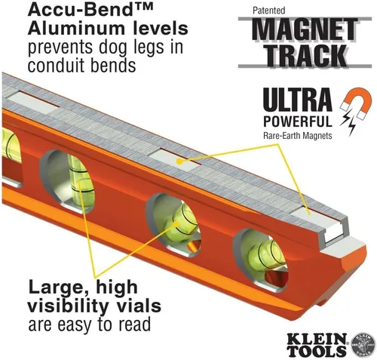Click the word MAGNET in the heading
(305, 30)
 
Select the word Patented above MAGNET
(269, 11)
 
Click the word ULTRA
(297, 100)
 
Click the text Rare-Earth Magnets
(298, 136)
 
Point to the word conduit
(52, 66)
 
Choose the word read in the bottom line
(135, 325)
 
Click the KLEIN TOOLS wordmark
(317, 344)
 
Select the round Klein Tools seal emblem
(362, 344)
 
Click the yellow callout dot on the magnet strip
(179, 162)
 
